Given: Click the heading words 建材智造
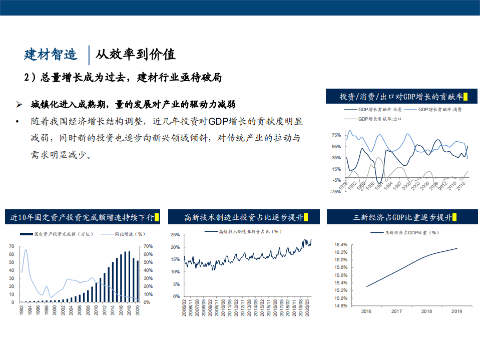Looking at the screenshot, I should tap(51, 54).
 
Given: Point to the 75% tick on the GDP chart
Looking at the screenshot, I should tap(336, 135).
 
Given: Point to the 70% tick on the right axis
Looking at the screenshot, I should tap(148, 246).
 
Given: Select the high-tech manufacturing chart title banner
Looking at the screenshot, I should tap(242, 217).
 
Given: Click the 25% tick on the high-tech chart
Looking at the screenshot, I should tap(175, 235).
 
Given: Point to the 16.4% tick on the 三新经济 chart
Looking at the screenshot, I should tap(340, 244).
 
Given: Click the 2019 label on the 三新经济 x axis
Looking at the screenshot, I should tap(456, 311).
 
